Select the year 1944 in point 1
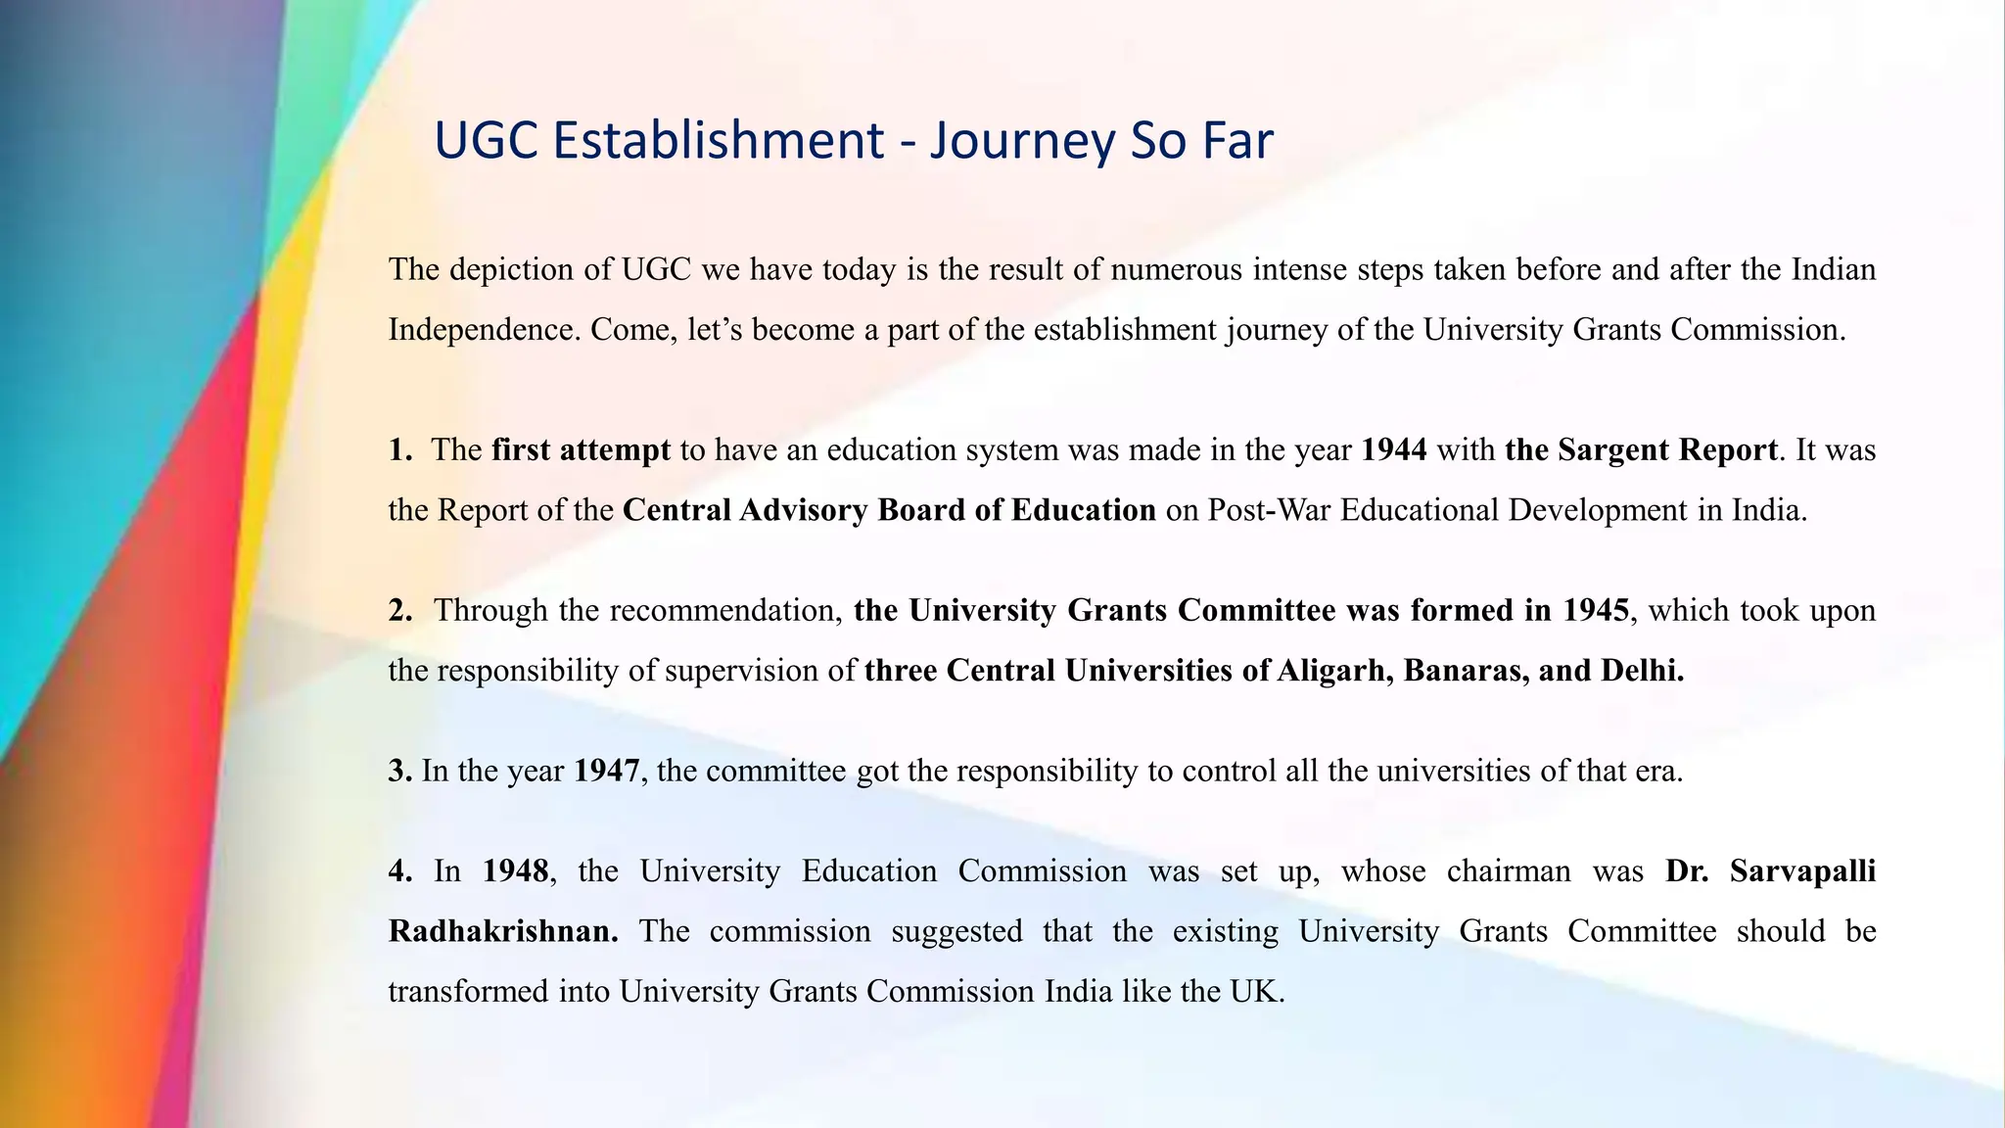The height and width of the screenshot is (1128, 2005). [x=1394, y=449]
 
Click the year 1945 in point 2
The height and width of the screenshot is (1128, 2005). [x=1596, y=610]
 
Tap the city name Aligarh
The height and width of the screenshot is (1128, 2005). [x=1334, y=671]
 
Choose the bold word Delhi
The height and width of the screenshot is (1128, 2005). [x=1642, y=671]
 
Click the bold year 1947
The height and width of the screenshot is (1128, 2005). [x=607, y=771]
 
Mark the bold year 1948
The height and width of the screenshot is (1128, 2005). [x=515, y=870]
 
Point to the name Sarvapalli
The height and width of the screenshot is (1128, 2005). [x=1802, y=870]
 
